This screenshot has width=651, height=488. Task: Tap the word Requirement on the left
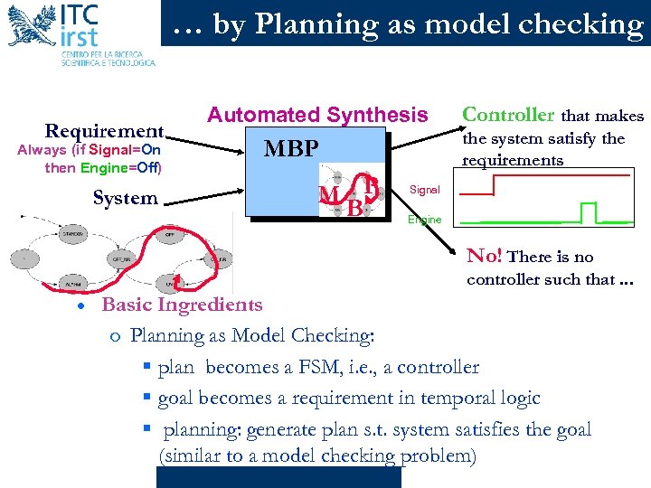coord(105,131)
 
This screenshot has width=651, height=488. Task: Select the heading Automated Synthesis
coord(317,115)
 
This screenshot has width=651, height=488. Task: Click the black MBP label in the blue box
coord(290,147)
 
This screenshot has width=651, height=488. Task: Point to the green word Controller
coord(508,115)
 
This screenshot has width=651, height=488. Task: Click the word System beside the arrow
coord(126,198)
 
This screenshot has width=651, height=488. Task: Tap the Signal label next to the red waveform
coord(425,190)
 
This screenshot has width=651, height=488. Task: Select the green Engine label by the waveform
coord(425,220)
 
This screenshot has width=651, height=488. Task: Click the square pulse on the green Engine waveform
coord(590,212)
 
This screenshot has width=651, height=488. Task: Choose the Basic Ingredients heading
coord(182,305)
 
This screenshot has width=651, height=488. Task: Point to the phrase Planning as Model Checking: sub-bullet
coord(253,336)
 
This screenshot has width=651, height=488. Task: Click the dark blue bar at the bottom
coord(277,477)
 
